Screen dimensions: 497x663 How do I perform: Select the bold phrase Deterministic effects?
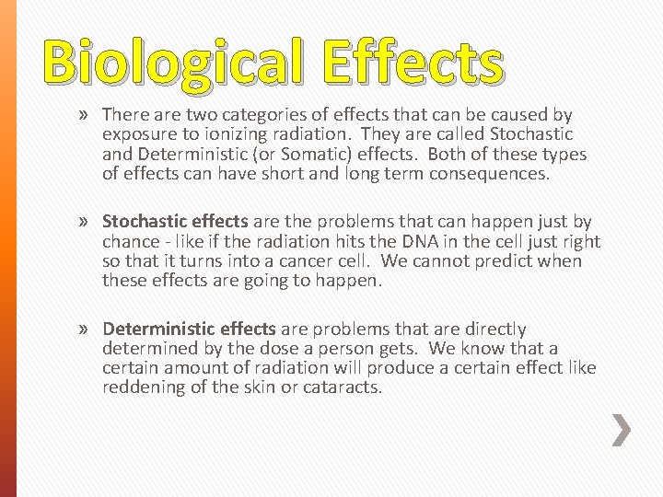click(x=190, y=329)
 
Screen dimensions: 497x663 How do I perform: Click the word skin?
click(x=287, y=387)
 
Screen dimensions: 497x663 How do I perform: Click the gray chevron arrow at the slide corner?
click(x=622, y=429)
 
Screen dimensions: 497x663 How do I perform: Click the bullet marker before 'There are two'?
click(x=86, y=115)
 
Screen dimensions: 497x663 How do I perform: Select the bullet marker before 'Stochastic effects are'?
click(x=86, y=222)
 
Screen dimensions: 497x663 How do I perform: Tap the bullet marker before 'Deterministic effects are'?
click(x=86, y=329)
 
